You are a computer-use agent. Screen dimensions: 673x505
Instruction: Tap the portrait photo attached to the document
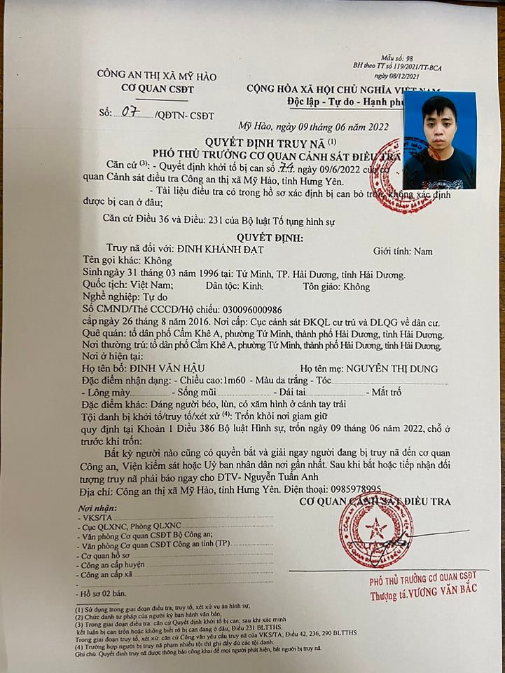[x=439, y=141]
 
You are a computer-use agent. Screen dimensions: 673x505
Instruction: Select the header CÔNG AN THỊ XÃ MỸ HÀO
[x=157, y=76]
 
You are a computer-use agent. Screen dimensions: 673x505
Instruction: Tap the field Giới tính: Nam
[x=403, y=251]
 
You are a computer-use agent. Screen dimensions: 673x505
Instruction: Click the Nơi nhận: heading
[x=96, y=506]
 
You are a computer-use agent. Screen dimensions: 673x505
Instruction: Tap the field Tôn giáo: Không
[x=336, y=287]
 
